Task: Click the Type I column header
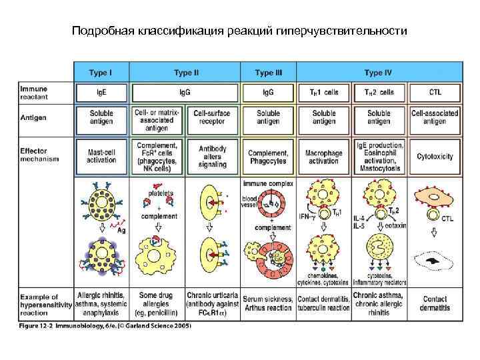pos(101,72)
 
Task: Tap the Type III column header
pos(268,72)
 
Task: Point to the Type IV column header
pos(379,72)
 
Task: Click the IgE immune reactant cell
pos(101,92)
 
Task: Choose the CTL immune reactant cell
pos(435,92)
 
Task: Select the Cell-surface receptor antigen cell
pos(213,118)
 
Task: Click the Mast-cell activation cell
pos(101,157)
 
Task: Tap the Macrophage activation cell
pos(324,157)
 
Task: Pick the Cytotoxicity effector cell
pos(435,157)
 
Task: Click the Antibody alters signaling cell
pos(213,156)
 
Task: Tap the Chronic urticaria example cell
pos(213,302)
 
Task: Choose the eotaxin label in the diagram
pos(395,225)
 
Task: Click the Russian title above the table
pos(239,31)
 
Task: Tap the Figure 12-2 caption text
pos(105,326)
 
